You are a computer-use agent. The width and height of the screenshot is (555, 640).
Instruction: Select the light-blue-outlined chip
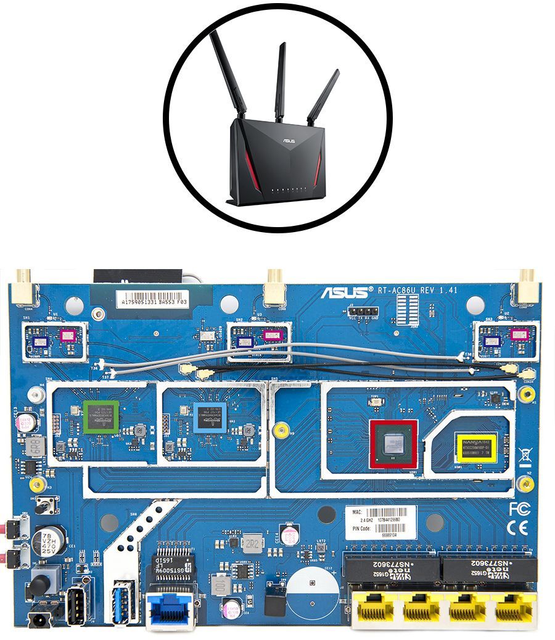click(x=210, y=417)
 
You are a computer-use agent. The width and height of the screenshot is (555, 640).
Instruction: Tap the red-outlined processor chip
click(x=393, y=444)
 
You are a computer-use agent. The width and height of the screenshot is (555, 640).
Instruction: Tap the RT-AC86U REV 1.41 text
click(x=419, y=290)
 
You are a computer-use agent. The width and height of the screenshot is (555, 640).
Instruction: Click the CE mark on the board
click(x=517, y=528)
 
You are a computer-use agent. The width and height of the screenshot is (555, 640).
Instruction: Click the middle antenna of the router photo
click(x=280, y=80)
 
